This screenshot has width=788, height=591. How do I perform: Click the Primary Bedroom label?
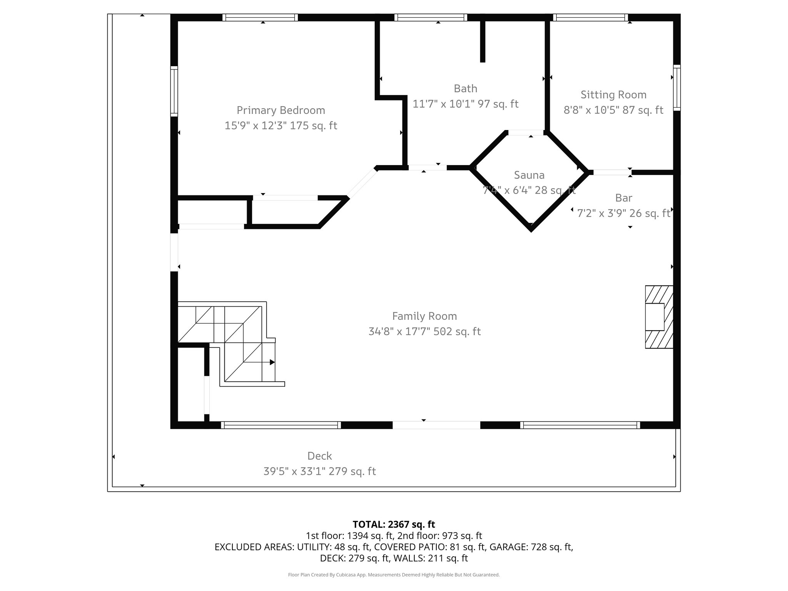click(x=280, y=110)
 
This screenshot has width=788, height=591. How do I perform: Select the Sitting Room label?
click(x=613, y=95)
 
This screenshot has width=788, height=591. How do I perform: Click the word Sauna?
click(x=529, y=175)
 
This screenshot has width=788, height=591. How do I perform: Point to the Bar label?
click(x=623, y=198)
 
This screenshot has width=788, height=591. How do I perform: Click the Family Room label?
click(x=424, y=316)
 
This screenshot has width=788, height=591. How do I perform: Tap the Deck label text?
click(x=319, y=456)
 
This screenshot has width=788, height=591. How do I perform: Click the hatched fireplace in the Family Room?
click(x=659, y=317)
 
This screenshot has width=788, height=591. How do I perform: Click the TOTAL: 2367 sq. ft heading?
click(x=394, y=524)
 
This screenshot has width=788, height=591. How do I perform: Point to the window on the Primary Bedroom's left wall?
click(x=174, y=91)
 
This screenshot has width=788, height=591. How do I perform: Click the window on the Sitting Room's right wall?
click(x=676, y=88)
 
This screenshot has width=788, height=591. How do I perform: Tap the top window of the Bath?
click(x=431, y=17)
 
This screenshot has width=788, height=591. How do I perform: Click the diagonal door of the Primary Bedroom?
click(x=362, y=184)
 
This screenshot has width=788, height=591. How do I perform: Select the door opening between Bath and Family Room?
click(x=427, y=168)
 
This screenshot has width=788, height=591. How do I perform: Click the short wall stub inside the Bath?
click(x=482, y=41)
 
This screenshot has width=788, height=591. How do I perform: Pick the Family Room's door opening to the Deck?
click(x=436, y=425)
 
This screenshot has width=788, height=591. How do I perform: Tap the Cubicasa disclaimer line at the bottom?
click(x=394, y=575)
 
